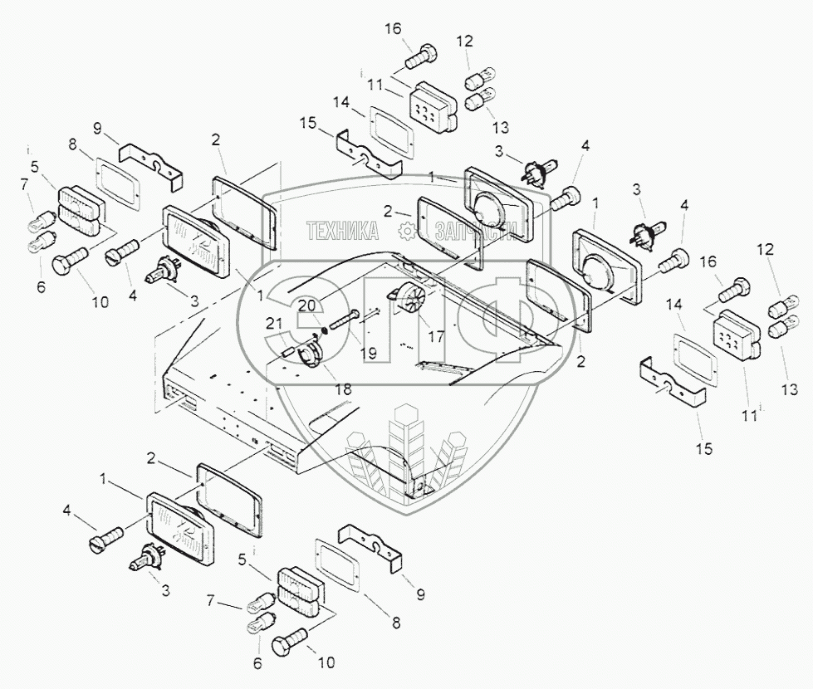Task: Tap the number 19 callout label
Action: [369, 354]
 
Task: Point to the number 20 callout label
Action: [308, 305]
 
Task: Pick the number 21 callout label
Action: [275, 323]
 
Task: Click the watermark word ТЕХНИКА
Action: [342, 232]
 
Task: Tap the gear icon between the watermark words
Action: [405, 232]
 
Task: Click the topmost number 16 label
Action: [392, 30]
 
